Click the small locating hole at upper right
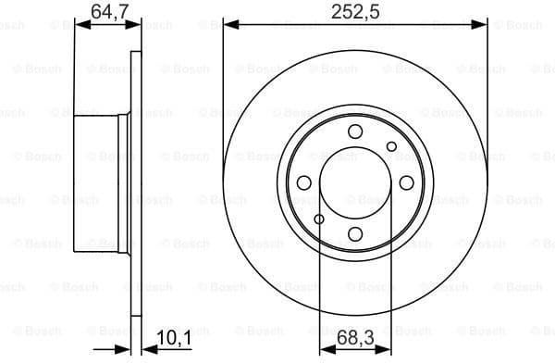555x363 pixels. point(391,145)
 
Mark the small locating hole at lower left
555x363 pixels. point(319,219)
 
